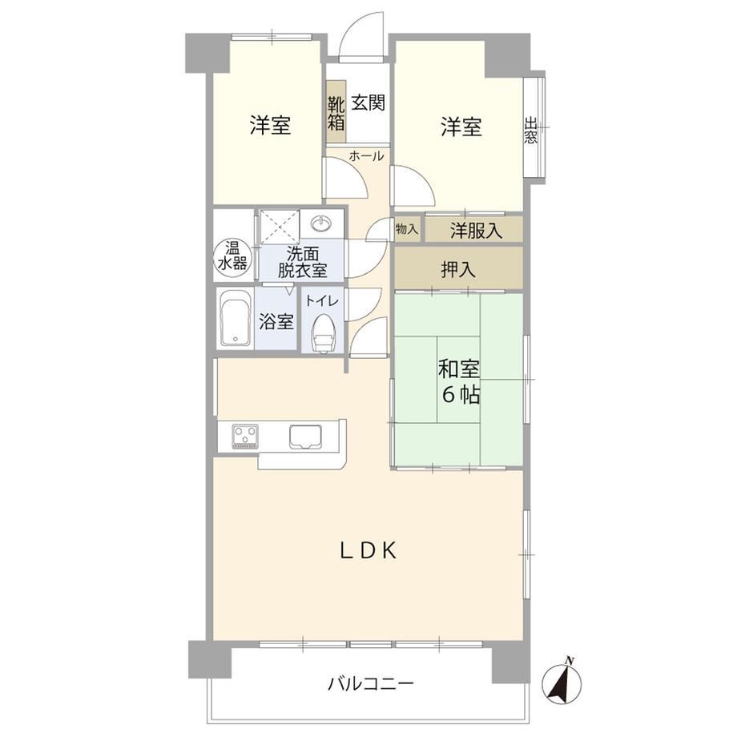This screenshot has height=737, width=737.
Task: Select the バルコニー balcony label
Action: click(371, 683)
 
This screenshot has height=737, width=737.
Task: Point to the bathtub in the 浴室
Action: click(235, 318)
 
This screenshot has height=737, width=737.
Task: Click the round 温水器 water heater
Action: click(232, 257)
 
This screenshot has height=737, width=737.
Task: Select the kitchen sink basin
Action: click(305, 436)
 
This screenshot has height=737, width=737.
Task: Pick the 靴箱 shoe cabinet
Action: click(336, 111)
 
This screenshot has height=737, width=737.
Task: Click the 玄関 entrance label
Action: click(368, 103)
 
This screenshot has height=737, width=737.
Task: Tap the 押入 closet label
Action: click(457, 269)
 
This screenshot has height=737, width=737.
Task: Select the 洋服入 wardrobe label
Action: click(476, 231)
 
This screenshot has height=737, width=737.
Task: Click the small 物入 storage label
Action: click(407, 229)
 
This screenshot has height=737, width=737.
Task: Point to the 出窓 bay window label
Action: click(531, 131)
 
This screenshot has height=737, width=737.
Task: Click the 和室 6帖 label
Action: click(459, 381)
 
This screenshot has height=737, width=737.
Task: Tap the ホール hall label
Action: click(366, 156)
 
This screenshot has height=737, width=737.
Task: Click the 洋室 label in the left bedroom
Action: click(270, 126)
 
